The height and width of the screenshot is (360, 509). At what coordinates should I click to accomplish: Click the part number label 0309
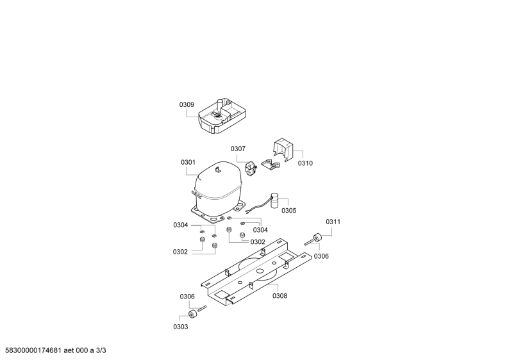(x=187, y=105)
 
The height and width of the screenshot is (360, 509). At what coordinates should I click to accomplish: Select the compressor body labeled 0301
(x=217, y=192)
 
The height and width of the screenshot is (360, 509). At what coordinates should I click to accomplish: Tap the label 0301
(x=188, y=162)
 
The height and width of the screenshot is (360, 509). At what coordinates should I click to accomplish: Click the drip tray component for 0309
(x=222, y=116)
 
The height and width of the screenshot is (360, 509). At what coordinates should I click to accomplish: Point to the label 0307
(x=238, y=149)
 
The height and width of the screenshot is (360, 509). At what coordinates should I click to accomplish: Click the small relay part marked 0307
(x=251, y=169)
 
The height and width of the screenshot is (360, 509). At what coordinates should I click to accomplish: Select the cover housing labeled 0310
(x=283, y=149)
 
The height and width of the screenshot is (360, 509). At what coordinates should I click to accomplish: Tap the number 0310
(x=306, y=163)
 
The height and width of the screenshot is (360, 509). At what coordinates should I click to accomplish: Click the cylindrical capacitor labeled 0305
(x=275, y=200)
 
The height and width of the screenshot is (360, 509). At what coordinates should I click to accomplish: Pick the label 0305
(x=289, y=211)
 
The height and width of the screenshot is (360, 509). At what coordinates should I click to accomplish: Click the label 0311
(x=333, y=222)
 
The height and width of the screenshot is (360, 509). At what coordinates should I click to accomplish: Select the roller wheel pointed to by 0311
(x=317, y=238)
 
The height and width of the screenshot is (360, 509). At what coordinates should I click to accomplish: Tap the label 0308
(x=280, y=296)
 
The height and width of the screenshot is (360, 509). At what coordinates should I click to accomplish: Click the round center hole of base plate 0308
(x=260, y=271)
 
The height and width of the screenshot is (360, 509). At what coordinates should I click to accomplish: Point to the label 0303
(x=181, y=327)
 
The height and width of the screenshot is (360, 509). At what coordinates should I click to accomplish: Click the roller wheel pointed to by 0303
(x=192, y=314)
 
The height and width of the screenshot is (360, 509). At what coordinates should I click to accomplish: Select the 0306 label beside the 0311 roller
(x=321, y=256)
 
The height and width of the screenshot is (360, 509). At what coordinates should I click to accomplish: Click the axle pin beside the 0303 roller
(x=202, y=307)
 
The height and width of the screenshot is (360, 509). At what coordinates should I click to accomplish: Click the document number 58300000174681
(x=31, y=350)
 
